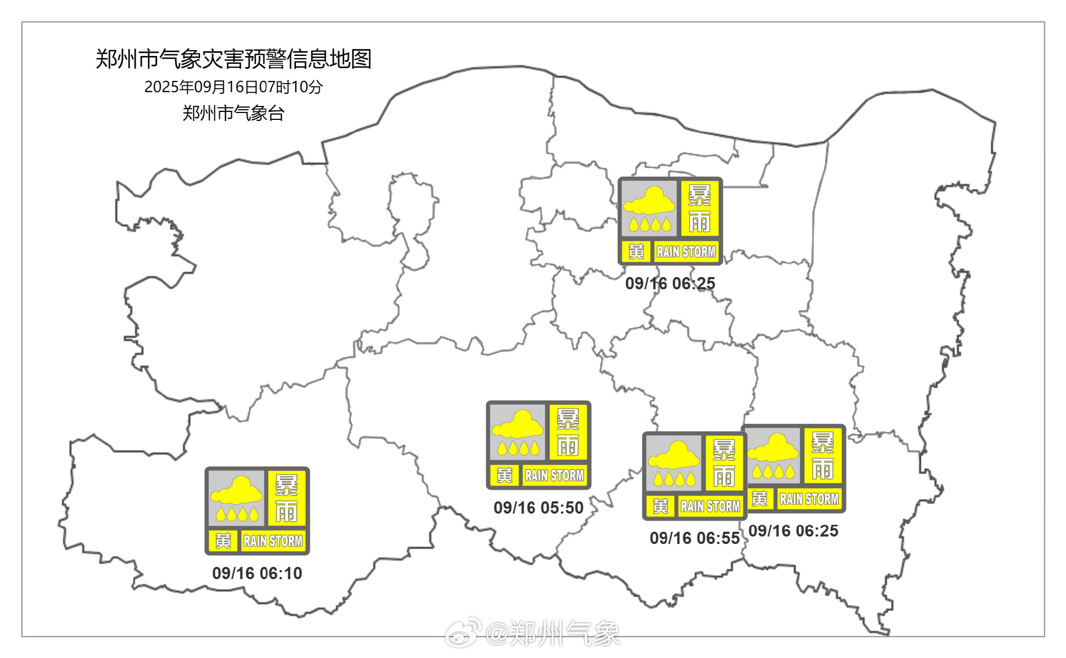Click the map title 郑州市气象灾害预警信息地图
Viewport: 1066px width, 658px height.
[233, 59]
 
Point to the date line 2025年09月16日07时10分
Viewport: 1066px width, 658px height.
[233, 87]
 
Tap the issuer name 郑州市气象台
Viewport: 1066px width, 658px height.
[233, 113]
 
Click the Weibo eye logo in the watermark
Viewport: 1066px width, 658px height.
[463, 632]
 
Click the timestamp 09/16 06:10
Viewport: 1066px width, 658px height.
[257, 573]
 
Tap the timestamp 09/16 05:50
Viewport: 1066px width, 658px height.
[538, 508]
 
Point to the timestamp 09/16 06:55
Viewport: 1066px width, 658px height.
[694, 538]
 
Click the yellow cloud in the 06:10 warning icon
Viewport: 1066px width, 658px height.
[237, 491]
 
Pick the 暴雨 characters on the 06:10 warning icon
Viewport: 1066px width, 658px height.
[286, 499]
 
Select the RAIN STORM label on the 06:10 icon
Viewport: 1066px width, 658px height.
[273, 541]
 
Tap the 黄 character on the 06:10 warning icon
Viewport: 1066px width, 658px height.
[223, 541]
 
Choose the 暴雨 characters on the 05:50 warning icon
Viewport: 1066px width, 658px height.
[568, 433]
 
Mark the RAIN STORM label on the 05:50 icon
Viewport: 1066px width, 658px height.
[554, 475]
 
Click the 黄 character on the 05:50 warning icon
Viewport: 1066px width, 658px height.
[504, 475]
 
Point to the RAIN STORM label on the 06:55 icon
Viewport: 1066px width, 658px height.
[710, 506]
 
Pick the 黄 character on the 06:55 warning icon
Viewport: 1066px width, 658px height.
[660, 506]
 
